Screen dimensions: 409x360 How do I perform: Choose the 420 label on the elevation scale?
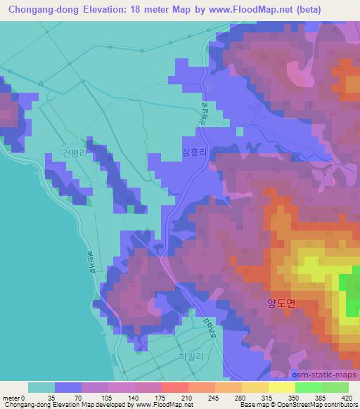(349, 397)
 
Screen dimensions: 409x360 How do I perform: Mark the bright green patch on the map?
(349, 288)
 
